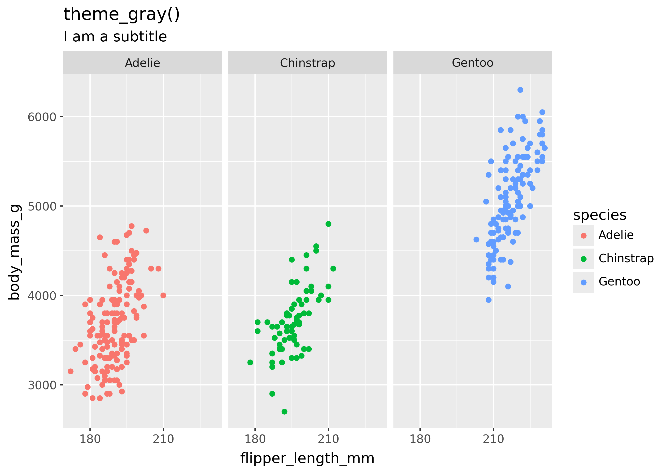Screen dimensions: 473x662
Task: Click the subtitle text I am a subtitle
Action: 115,37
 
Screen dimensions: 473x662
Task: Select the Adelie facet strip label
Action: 142,63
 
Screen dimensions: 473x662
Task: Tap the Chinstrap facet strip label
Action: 307,63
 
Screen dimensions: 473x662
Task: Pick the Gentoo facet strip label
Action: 472,63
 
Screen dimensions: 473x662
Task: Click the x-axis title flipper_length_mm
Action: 307,458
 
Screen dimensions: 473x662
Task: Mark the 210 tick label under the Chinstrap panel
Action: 328,439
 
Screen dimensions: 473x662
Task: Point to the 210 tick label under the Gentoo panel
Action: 493,439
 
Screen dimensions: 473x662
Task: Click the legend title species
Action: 599,215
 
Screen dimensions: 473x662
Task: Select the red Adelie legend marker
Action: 584,236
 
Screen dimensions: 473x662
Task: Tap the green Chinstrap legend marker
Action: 584,259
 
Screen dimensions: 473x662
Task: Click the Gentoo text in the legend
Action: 619,282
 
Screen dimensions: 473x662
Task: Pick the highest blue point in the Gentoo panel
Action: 520,90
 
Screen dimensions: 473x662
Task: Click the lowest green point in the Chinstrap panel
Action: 284,412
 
